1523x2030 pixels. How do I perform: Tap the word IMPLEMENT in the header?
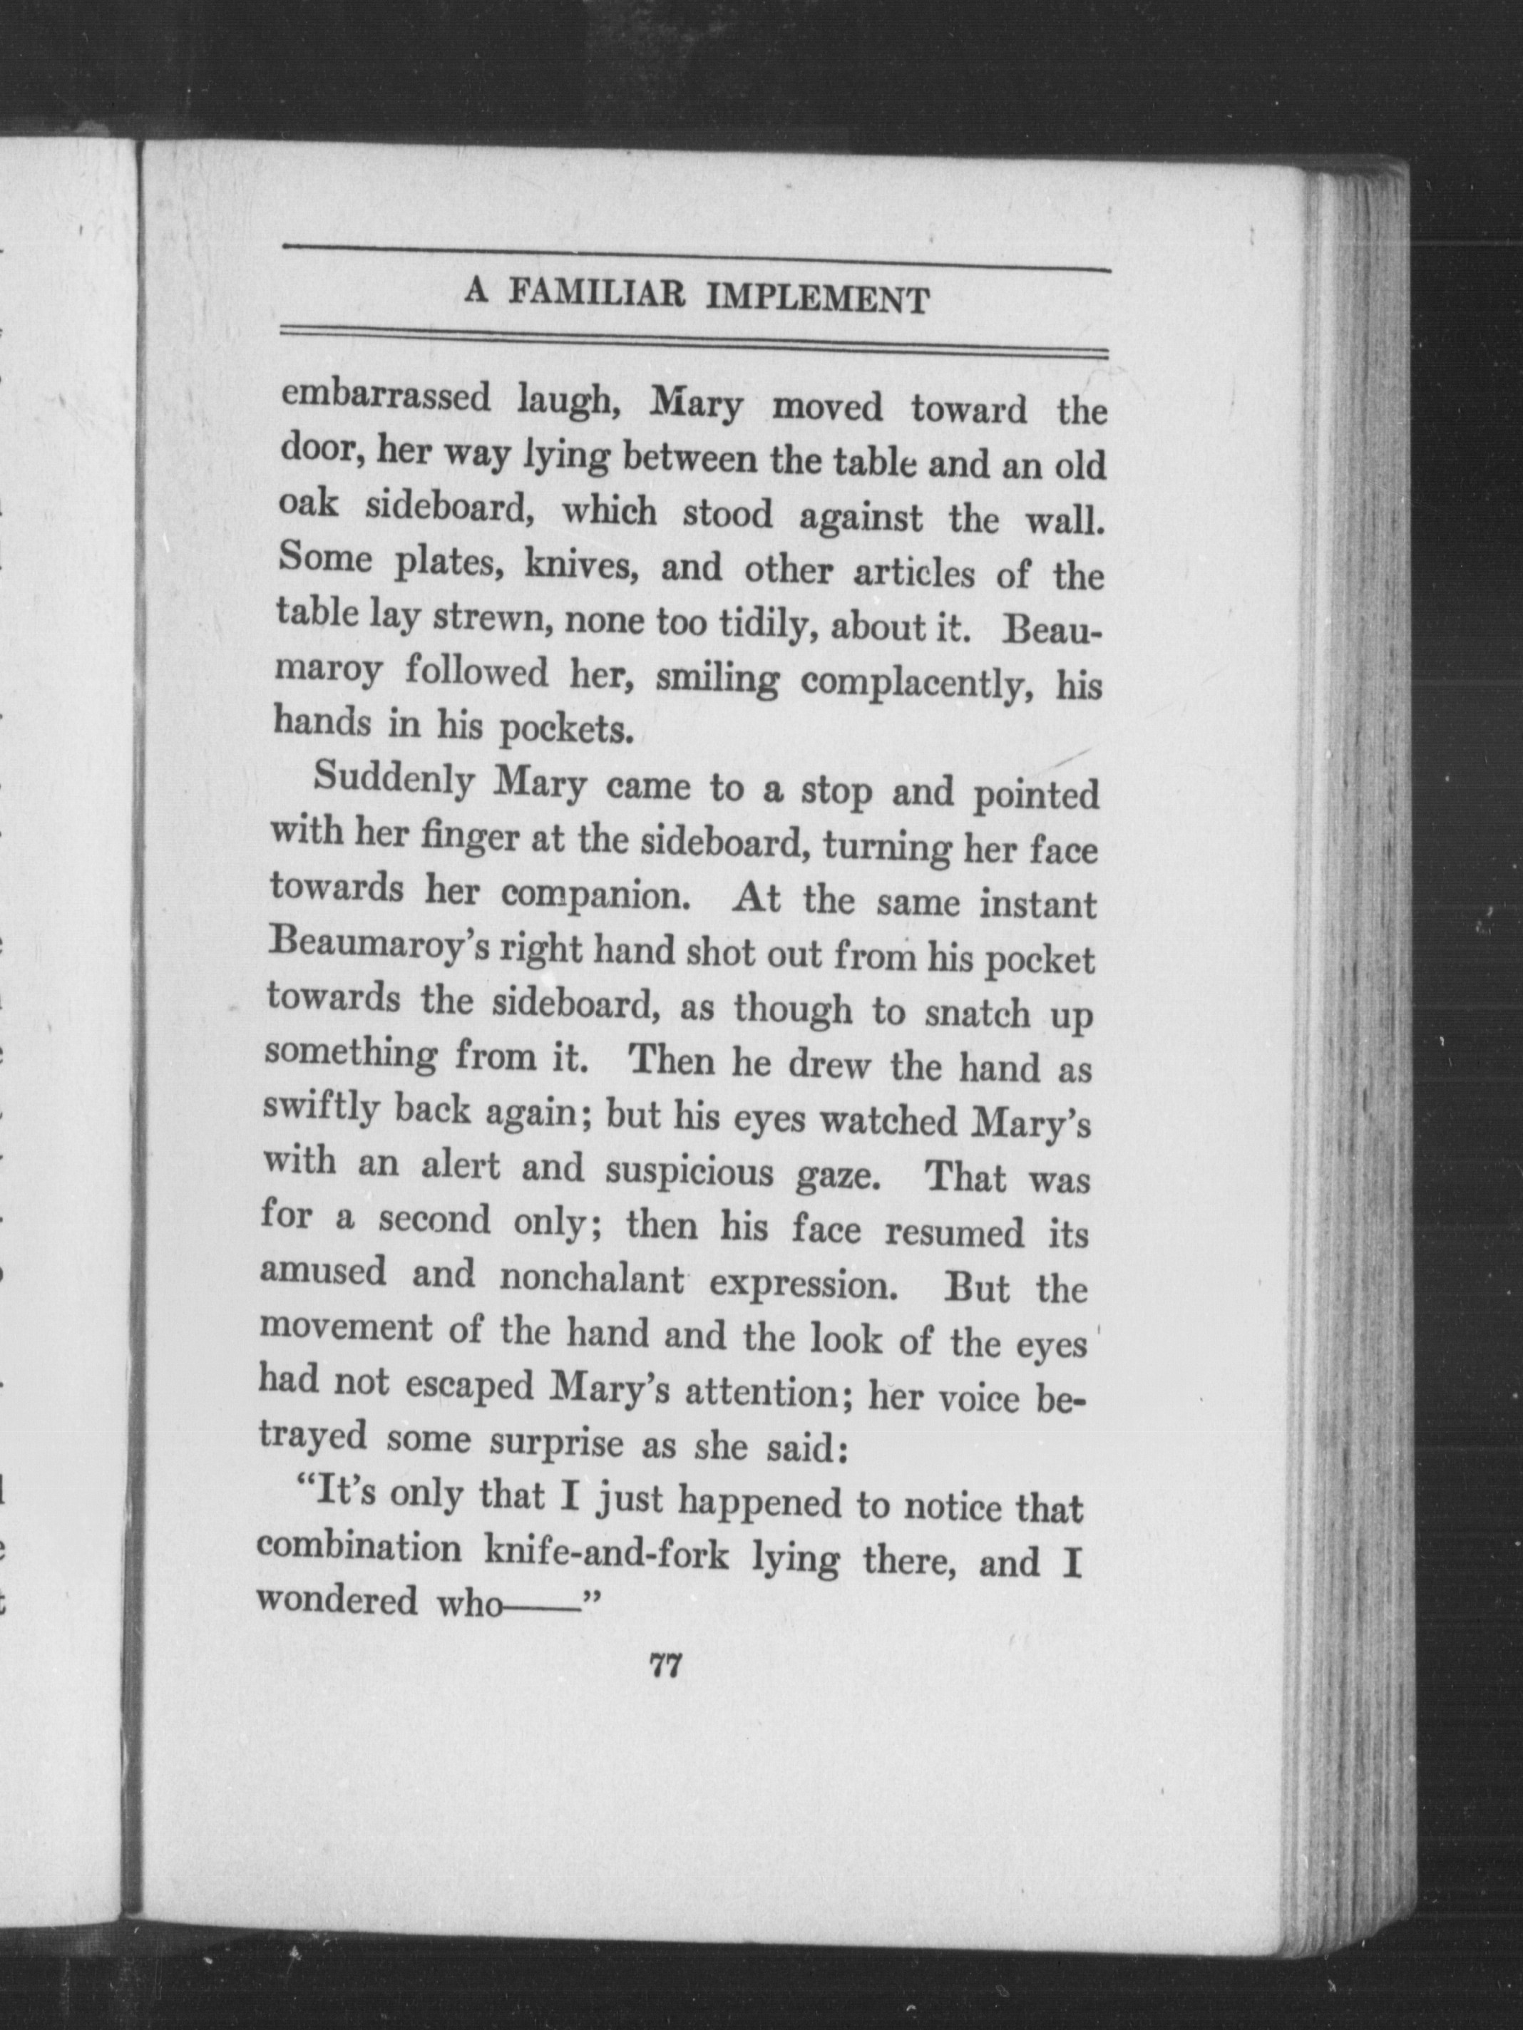pos(819,299)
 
